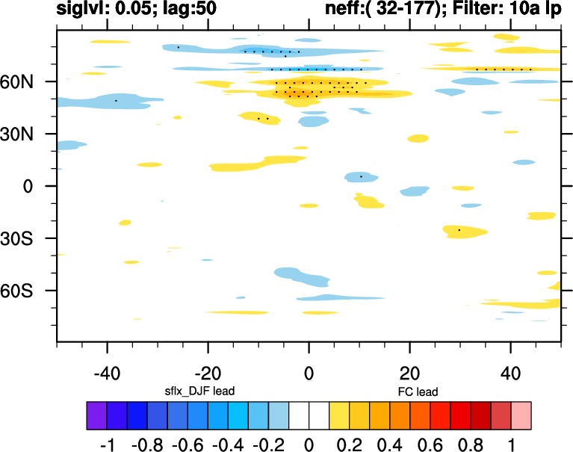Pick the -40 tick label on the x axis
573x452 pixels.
107,371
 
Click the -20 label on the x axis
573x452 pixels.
208,371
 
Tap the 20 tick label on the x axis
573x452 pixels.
409,371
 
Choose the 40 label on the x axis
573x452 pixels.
510,371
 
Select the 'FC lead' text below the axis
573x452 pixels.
418,391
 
